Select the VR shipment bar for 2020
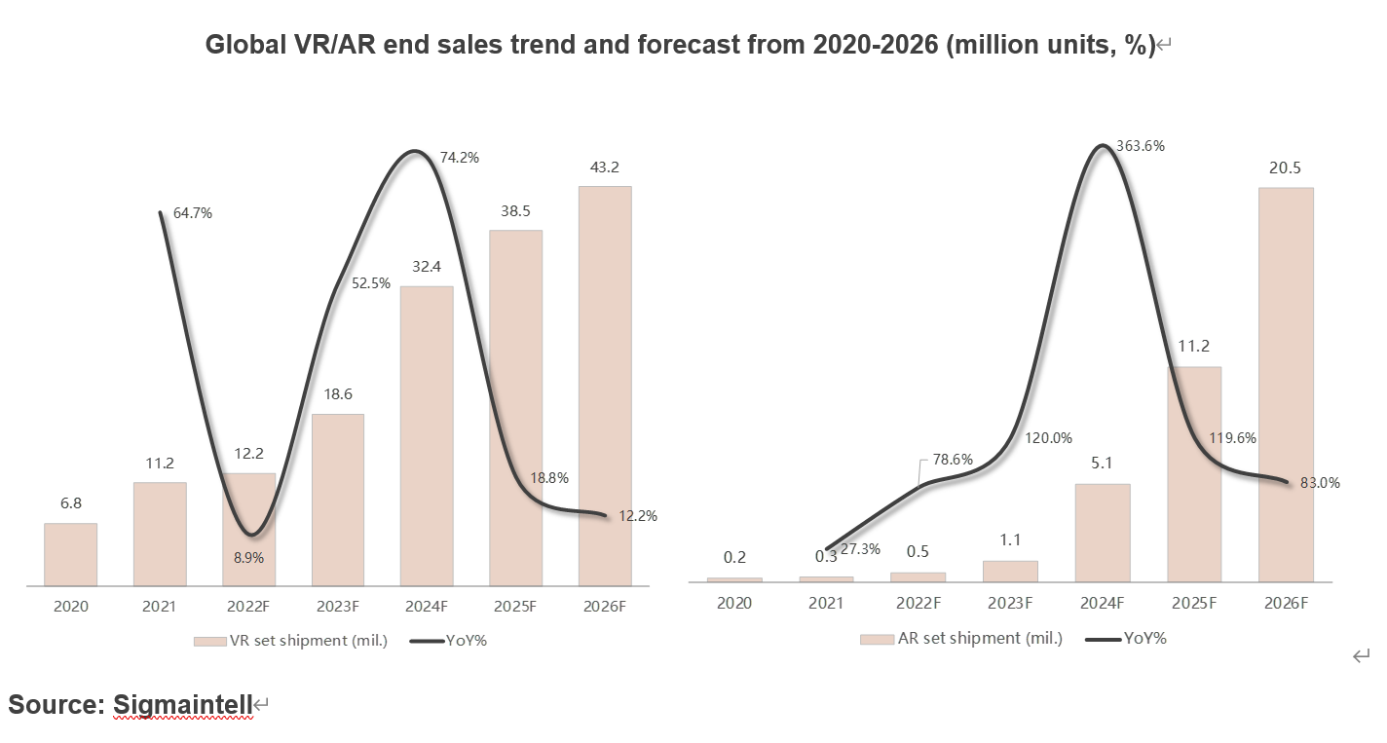pyautogui.click(x=70, y=554)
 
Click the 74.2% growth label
pyautogui.click(x=460, y=157)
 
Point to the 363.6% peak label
pyautogui.click(x=1143, y=146)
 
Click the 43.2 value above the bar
pyautogui.click(x=605, y=167)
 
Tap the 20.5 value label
pyautogui.click(x=1286, y=168)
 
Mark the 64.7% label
pyautogui.click(x=192, y=213)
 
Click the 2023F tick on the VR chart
pyautogui.click(x=338, y=606)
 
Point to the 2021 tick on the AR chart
pyautogui.click(x=826, y=604)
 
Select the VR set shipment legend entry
pyautogui.click(x=291, y=640)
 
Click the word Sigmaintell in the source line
pyautogui.click(x=183, y=704)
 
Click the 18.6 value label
pyautogui.click(x=338, y=394)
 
